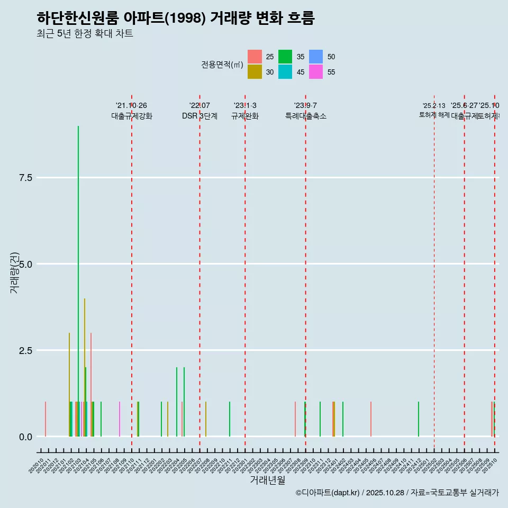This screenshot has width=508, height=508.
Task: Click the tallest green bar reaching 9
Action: [x=78, y=280]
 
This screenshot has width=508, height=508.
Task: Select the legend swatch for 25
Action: [x=255, y=57]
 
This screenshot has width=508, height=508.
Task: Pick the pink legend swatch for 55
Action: [x=316, y=72]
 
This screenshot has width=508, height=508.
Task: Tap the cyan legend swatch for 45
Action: [x=285, y=72]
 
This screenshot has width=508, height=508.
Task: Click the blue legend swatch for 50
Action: [x=316, y=57]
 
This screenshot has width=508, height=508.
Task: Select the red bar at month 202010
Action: [x=46, y=419]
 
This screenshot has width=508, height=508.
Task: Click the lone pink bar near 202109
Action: [x=120, y=419]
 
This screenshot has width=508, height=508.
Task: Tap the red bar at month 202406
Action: [x=371, y=419]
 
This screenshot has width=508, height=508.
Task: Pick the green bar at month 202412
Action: [x=419, y=419]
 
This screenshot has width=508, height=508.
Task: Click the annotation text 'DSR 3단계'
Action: [x=199, y=116]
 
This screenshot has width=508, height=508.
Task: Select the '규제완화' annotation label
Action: [x=244, y=116]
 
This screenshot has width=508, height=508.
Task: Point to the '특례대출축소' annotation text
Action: [x=305, y=116]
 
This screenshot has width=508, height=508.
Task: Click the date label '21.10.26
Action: [x=131, y=105]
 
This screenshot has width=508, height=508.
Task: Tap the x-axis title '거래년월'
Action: [x=267, y=480]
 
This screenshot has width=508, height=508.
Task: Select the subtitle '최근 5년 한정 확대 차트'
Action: [x=85, y=34]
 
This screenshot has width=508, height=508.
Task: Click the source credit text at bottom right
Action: [x=397, y=493]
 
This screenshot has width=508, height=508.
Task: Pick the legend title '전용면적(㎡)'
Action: [x=222, y=65]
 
